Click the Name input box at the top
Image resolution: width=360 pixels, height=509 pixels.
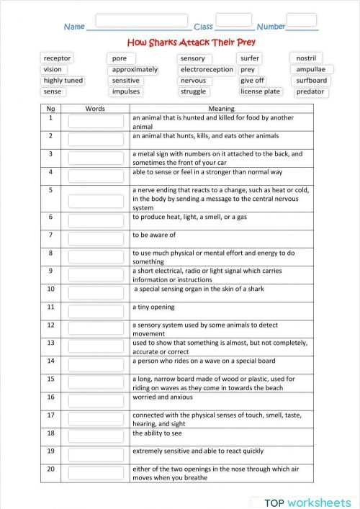pyautogui.click(x=141, y=20)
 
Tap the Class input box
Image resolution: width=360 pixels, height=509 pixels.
pyautogui.click(x=233, y=19)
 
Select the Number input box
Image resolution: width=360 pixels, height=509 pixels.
pyautogui.click(x=305, y=19)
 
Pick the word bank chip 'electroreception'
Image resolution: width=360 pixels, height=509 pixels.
pyautogui.click(x=207, y=70)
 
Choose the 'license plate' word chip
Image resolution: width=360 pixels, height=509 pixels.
pyautogui.click(x=260, y=92)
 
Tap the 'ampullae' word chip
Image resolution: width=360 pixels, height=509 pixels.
pyautogui.click(x=310, y=70)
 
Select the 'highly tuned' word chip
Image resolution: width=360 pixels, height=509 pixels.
pyautogui.click(x=63, y=81)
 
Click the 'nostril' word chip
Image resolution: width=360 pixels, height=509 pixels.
pyautogui.click(x=306, y=58)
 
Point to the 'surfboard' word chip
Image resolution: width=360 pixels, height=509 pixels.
pyautogui.click(x=311, y=81)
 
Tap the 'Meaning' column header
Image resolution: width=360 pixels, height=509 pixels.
pyautogui.click(x=221, y=109)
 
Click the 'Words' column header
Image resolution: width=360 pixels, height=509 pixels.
pyautogui.click(x=95, y=109)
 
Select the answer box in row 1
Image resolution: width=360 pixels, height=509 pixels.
pyautogui.click(x=96, y=121)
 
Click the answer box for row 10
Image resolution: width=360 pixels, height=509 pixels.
pyautogui.click(x=96, y=292)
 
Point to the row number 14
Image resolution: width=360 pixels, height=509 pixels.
pyautogui.click(x=51, y=361)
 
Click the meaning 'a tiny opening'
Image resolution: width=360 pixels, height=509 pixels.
pyautogui.click(x=153, y=307)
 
